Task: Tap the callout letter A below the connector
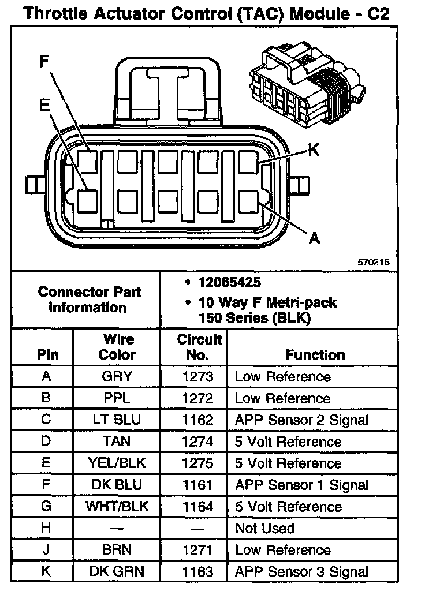tap(315, 238)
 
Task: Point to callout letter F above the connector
tap(44, 62)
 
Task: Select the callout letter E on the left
tap(44, 104)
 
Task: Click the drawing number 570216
tap(374, 261)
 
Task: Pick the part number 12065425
tap(229, 283)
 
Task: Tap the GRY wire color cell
tap(116, 377)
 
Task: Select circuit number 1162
tap(198, 420)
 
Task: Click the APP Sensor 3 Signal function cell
tap(301, 572)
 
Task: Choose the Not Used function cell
tap(264, 528)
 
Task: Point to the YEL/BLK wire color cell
tap(116, 463)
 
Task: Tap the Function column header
tap(315, 355)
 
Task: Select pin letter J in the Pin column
tap(47, 550)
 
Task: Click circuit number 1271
tap(198, 550)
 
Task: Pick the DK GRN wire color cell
tap(116, 572)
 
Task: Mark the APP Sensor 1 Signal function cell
tap(301, 485)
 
